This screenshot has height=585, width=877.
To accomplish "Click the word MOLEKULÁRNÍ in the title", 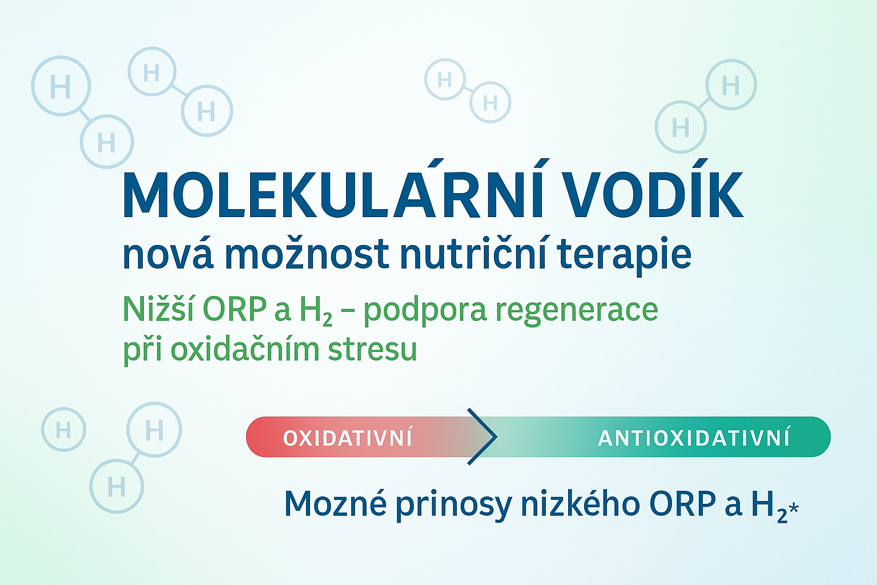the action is (x=333, y=194).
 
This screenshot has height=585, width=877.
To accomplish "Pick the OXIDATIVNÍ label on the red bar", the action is (x=348, y=438).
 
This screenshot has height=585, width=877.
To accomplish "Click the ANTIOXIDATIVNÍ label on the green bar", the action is (x=693, y=438).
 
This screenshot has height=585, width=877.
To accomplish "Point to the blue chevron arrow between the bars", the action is (x=482, y=436).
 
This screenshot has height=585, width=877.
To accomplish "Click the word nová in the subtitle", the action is (x=169, y=255).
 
